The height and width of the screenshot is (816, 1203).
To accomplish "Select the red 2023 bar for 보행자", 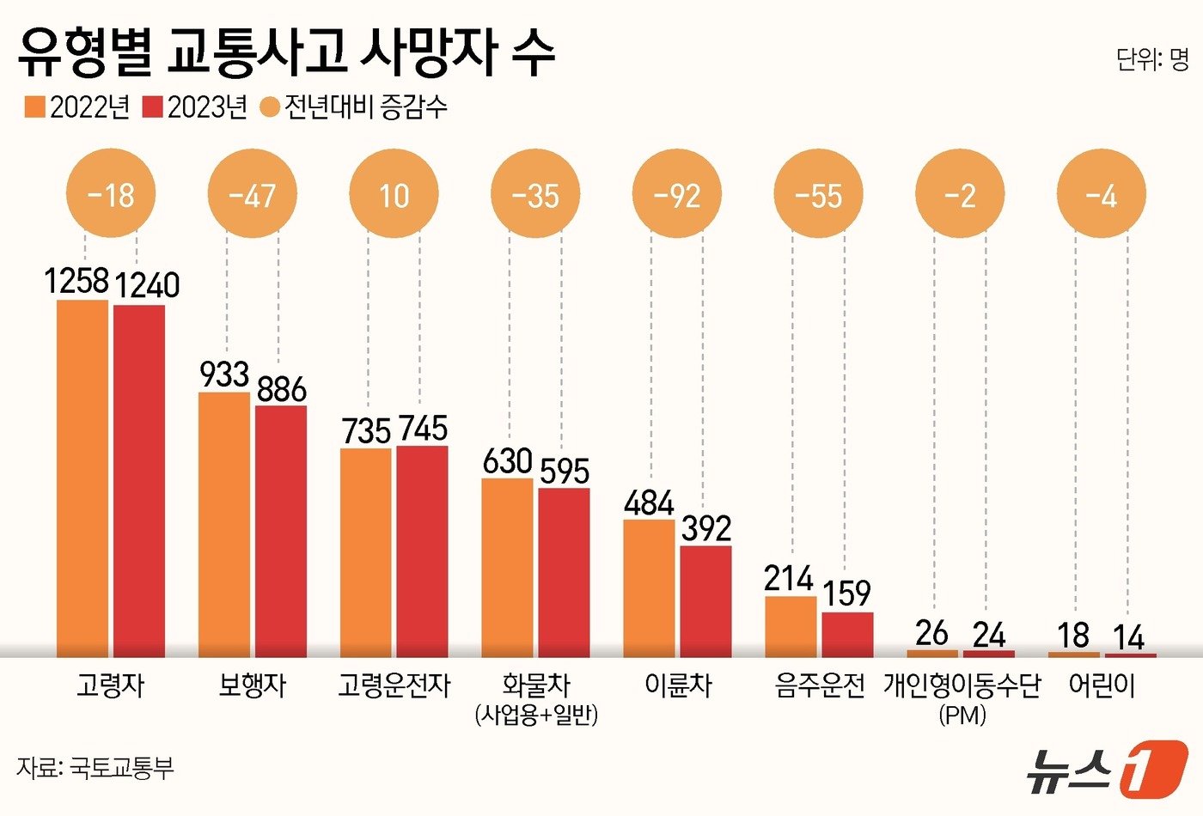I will coord(281,531).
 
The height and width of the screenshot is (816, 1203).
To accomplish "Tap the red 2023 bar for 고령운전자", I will coord(422,551).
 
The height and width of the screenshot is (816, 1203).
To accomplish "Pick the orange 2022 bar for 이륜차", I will coord(649,588).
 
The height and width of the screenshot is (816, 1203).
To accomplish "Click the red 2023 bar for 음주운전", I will coord(847,635).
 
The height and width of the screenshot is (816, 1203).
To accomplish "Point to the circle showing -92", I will coord(677,195).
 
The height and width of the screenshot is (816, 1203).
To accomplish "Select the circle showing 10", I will coord(394,195).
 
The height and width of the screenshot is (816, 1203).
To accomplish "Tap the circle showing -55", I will coord(818,195).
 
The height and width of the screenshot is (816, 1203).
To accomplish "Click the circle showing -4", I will coord(1101,195).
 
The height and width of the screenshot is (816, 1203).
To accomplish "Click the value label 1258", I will coord(77,281).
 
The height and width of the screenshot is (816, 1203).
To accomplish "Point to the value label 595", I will coord(565,471).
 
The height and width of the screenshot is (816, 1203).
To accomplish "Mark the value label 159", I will coord(846,594).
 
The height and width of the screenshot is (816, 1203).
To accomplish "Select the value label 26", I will coord(931,634).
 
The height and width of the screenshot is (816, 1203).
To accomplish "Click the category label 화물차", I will coord(536,685).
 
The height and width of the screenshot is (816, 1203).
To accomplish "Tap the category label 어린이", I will coord(1102,685).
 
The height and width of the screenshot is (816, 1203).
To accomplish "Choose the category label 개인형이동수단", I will coord(962,685).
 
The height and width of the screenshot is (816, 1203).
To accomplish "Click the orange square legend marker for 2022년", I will coord(34,107).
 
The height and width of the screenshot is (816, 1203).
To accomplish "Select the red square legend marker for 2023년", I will coord(152,107).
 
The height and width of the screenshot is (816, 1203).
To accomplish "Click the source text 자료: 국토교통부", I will coord(95,767).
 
